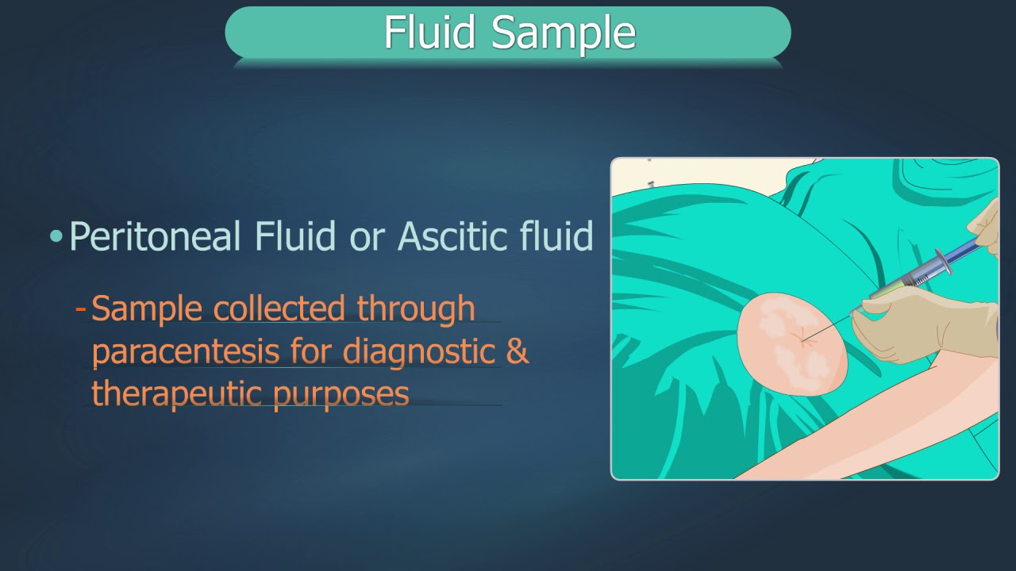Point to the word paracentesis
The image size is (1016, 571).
point(185,351)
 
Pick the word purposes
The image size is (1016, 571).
point(341,394)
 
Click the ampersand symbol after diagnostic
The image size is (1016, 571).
point(517,351)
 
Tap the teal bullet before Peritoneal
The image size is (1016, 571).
point(56,236)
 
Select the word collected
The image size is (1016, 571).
point(279,308)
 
